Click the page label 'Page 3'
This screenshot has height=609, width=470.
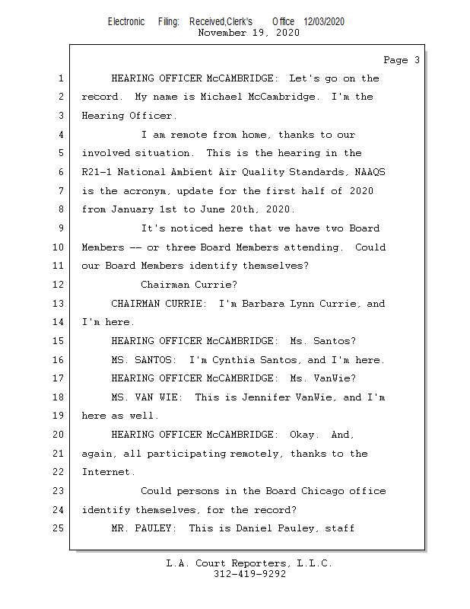(401, 60)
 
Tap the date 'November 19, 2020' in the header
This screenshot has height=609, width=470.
(249, 33)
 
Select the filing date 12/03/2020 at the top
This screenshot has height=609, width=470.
(324, 22)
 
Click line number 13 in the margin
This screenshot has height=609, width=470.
(59, 304)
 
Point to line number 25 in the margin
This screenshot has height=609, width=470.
(59, 528)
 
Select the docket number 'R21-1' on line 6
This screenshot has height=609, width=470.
(97, 172)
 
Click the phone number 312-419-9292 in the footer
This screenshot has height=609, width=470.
(249, 575)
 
